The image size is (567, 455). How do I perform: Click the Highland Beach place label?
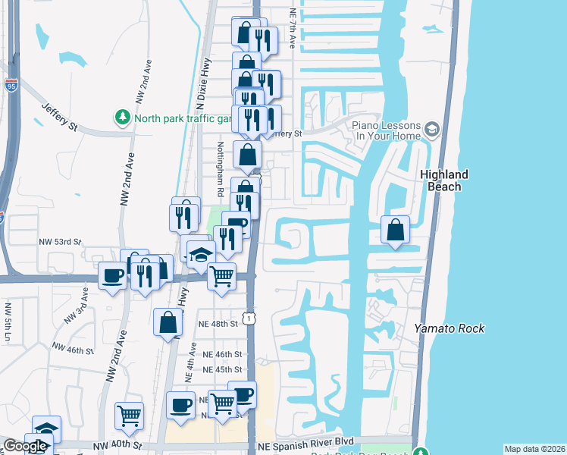[444, 180]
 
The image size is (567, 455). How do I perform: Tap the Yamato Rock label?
[449, 328]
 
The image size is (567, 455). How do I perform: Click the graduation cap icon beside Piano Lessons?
[432, 130]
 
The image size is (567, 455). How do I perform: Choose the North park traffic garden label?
[182, 118]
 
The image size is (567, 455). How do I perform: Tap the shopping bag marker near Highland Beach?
[395, 231]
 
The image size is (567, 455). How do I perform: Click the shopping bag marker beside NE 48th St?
[168, 322]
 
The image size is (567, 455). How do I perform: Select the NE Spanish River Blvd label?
[306, 441]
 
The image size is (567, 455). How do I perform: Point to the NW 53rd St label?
[60, 242]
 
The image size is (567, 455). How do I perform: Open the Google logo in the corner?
[24, 446]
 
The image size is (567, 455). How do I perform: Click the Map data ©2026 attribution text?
[534, 449]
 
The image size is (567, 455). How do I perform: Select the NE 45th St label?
[222, 369]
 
